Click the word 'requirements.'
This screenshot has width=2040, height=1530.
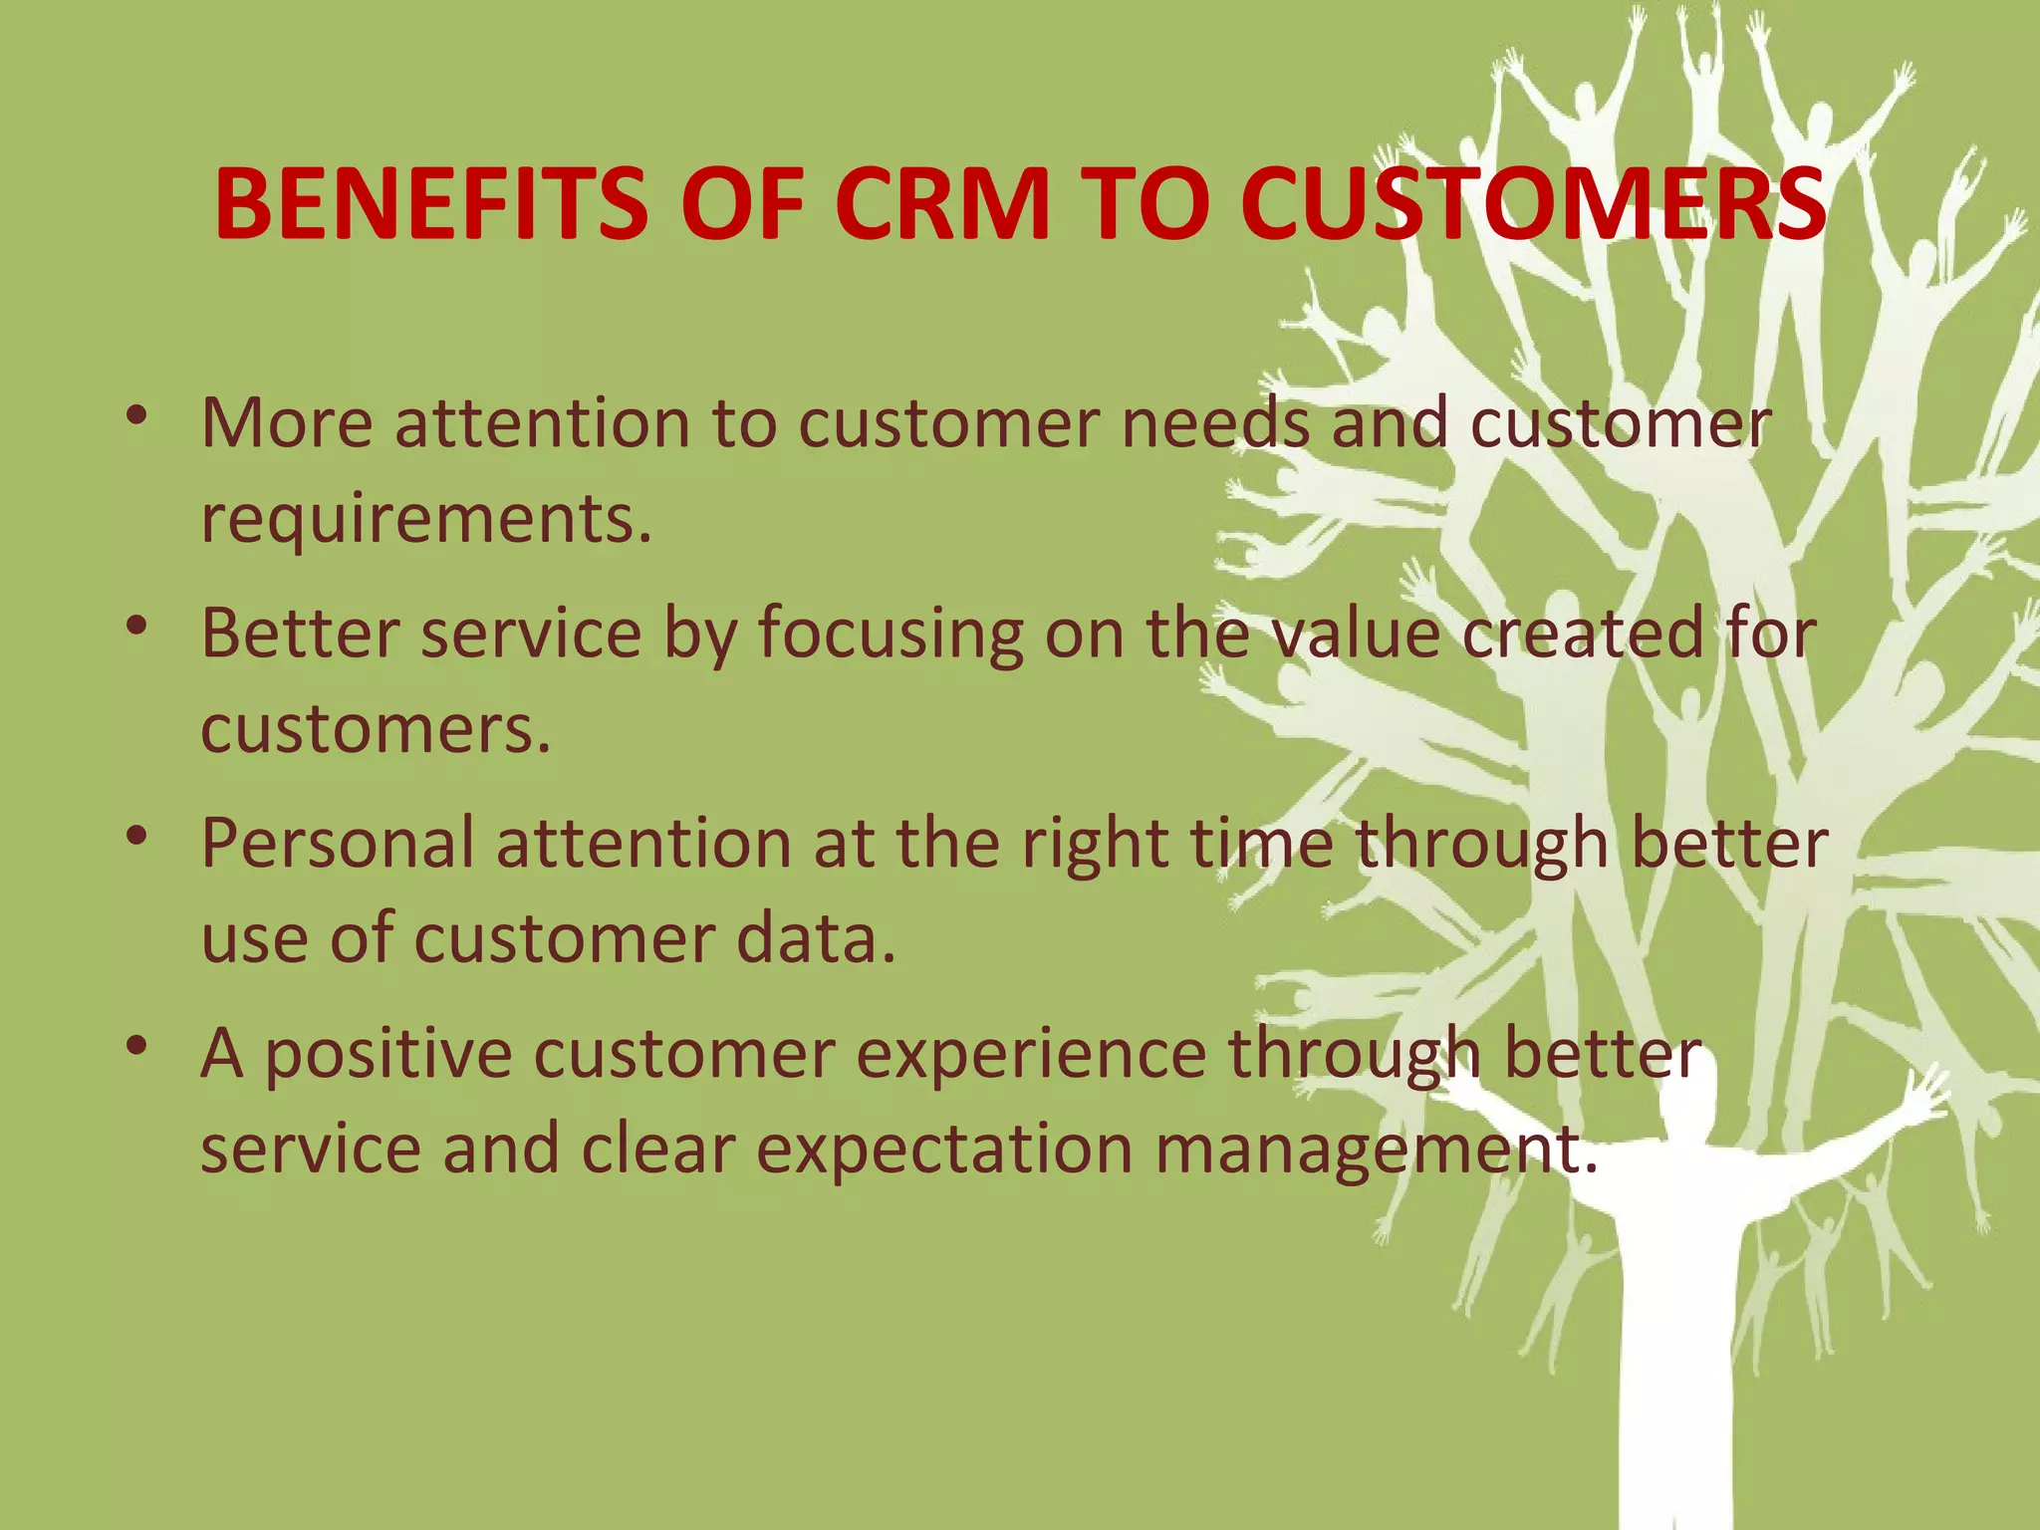pyautogui.click(x=426, y=520)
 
